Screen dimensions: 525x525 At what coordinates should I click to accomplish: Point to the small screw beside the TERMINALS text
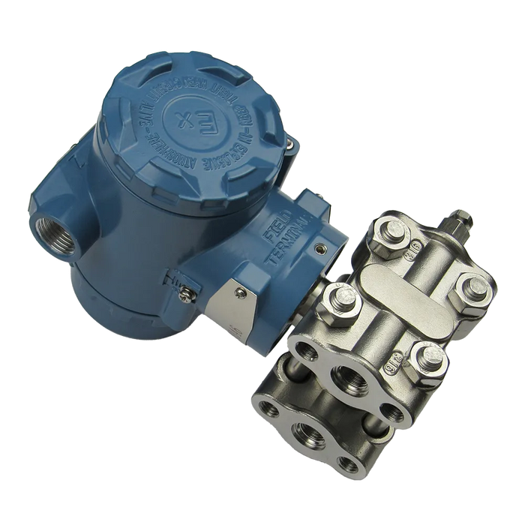[321, 246]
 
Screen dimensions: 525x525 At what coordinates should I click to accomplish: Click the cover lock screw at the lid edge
[286, 141]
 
